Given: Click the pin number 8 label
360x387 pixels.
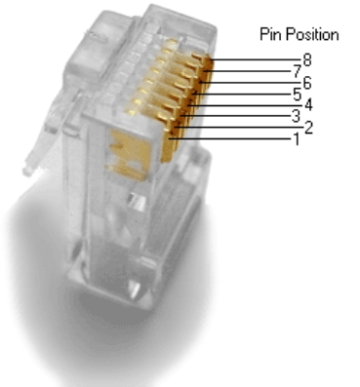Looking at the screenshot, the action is [x=307, y=60].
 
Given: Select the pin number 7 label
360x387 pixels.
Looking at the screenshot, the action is [x=298, y=72].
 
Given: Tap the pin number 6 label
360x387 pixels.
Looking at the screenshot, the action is [x=307, y=83].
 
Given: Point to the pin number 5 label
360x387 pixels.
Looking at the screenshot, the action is [x=298, y=95].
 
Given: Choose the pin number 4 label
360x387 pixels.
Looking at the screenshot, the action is [x=308, y=105].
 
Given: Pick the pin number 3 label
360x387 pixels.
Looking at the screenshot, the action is [x=296, y=116].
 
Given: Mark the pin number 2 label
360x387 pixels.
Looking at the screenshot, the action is [x=308, y=128].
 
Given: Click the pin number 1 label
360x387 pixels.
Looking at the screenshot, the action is [x=296, y=139].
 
